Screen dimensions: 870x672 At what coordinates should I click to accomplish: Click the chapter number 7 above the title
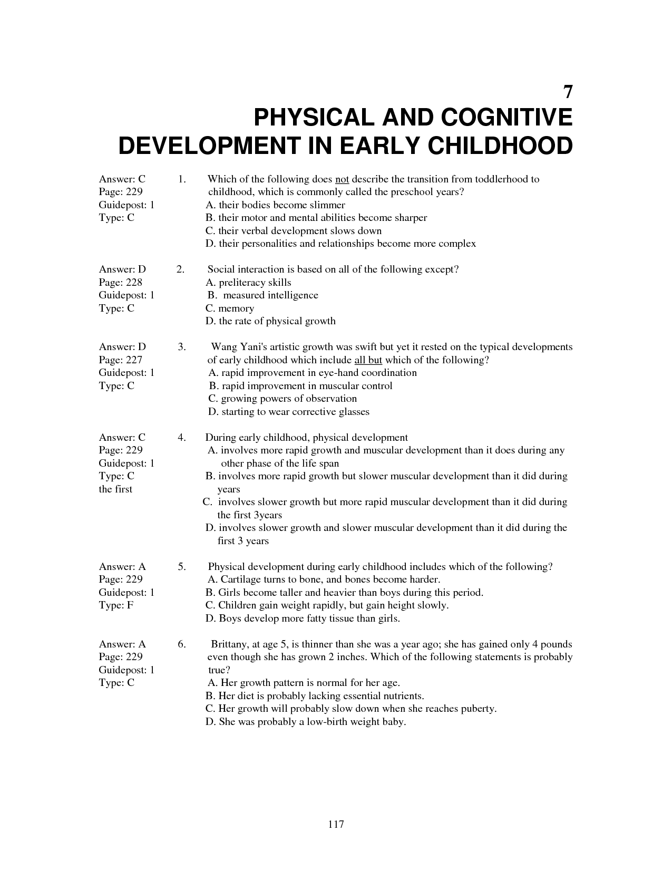(567, 92)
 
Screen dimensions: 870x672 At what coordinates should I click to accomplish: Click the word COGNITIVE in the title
(507, 118)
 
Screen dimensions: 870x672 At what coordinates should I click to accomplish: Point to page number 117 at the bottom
(336, 824)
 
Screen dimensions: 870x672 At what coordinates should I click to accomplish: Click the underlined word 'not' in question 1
(342, 179)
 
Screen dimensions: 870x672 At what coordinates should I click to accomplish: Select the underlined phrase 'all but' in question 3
(368, 360)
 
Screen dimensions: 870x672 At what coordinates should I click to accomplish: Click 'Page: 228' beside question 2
(121, 283)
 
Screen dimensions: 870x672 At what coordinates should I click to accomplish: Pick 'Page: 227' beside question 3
(121, 360)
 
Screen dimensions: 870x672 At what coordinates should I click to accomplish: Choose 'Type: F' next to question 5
(116, 605)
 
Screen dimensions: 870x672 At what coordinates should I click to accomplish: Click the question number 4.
(181, 438)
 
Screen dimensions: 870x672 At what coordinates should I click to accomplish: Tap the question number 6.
(181, 644)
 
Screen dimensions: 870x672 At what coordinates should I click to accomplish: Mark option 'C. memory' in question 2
(230, 308)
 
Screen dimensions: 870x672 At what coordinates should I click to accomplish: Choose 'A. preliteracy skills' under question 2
(248, 283)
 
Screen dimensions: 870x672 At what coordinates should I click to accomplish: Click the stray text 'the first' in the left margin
(115, 489)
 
